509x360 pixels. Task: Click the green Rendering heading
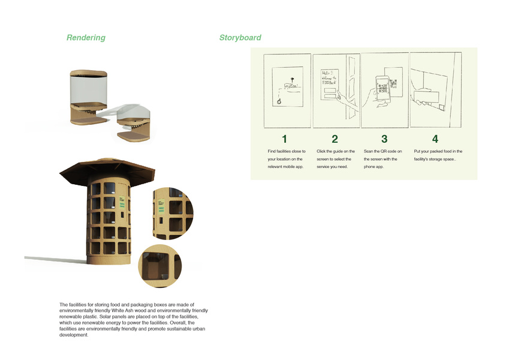(x=86, y=38)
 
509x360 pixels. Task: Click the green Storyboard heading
(x=240, y=38)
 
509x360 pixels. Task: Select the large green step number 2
(x=335, y=139)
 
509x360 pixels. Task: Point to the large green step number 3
(x=384, y=139)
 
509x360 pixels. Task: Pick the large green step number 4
(x=435, y=139)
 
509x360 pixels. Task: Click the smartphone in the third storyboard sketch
(x=382, y=89)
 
